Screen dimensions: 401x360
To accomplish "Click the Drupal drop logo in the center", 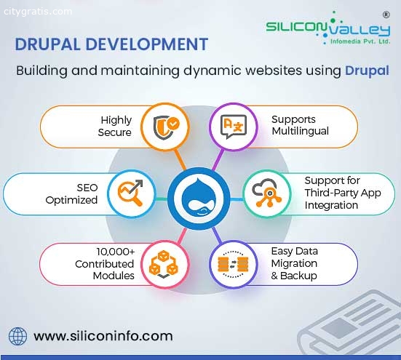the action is (x=199, y=199).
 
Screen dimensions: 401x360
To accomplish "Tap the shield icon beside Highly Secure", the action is (x=166, y=127).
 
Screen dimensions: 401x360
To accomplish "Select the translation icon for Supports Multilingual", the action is (x=234, y=127).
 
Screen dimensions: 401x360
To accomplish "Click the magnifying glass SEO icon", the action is (x=130, y=193).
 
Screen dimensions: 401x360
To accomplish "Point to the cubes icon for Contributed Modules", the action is (x=164, y=265).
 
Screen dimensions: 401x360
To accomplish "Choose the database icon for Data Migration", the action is (x=233, y=264).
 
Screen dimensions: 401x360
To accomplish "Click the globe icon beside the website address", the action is (x=17, y=336).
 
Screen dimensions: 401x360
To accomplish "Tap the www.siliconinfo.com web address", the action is (x=103, y=336).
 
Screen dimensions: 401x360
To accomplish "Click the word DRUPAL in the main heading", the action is (x=47, y=44).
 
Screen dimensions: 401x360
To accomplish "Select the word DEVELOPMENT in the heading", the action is (x=146, y=44).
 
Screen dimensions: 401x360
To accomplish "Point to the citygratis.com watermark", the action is (x=38, y=12).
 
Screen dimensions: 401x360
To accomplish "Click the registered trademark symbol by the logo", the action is (x=386, y=15).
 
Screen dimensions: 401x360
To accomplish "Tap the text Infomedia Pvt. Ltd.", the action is (x=360, y=41).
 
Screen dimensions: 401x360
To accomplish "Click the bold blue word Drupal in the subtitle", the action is (x=367, y=71).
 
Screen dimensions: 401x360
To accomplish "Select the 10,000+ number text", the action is (x=115, y=252).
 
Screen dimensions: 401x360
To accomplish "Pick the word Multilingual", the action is (x=300, y=132).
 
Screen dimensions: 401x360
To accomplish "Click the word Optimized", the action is (x=71, y=200).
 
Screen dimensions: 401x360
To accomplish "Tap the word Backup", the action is (x=298, y=276).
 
